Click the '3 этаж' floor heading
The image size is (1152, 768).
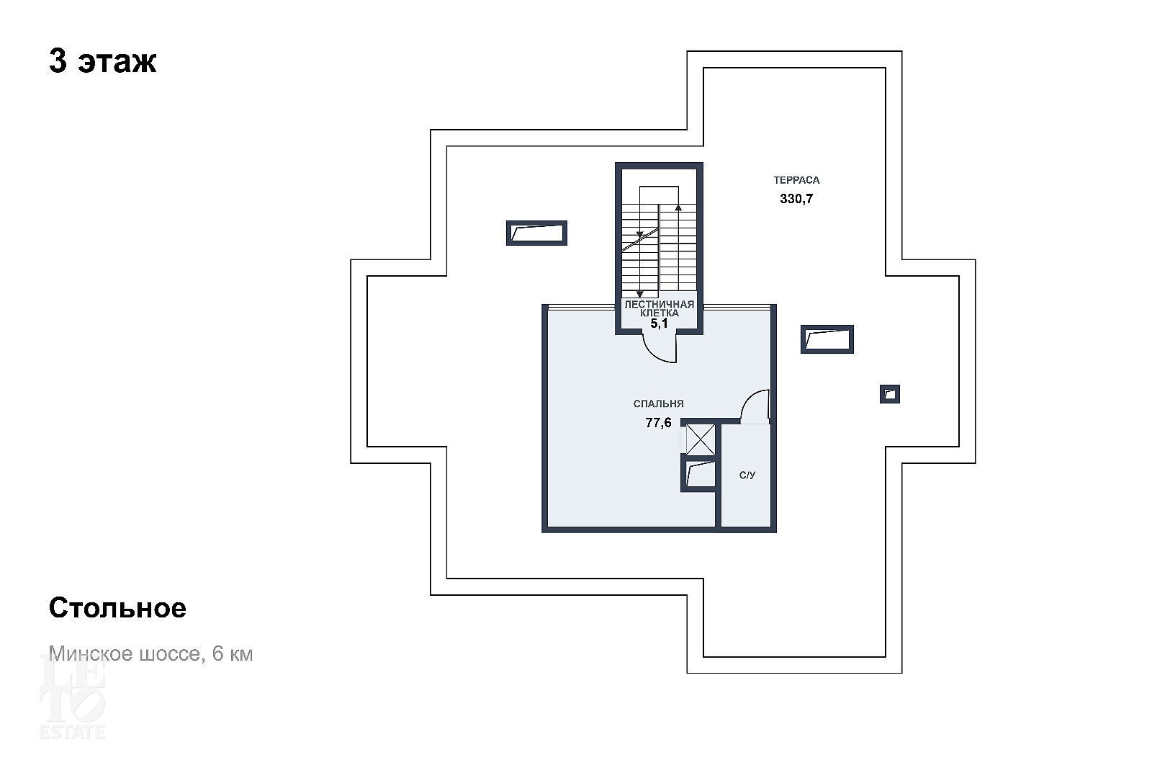pos(102,62)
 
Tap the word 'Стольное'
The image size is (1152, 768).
pos(117,608)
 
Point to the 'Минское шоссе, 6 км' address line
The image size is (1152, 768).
pos(150,653)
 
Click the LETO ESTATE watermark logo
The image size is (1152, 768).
pos(72,697)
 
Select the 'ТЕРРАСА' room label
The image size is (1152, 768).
pos(796,180)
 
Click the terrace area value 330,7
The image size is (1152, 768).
pos(796,199)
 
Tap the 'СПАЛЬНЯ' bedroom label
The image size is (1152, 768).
pos(658,404)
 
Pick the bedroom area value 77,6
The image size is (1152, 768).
pos(658,423)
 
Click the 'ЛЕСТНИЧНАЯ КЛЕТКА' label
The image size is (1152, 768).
pos(660,309)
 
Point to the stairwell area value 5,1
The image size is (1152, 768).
pos(659,323)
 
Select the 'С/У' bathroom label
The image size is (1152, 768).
pos(747,475)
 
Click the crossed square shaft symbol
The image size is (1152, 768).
pos(701,439)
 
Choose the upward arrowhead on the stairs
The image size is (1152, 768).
pos(678,207)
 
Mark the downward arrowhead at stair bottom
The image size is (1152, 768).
pos(640,294)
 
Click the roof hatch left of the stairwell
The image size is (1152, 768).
pos(536,233)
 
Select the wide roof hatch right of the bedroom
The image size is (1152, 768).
pos(827,339)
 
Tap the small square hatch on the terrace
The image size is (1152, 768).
pos(890,394)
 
